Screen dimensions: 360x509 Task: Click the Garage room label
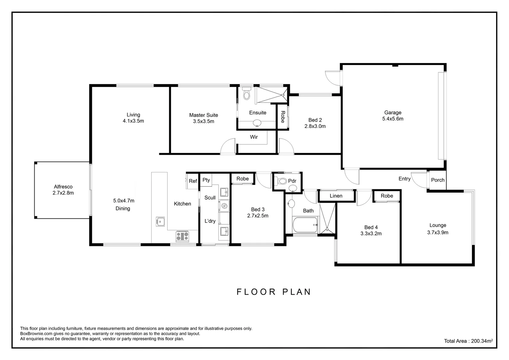coord(393,113)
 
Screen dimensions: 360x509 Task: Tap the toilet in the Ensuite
coord(247,94)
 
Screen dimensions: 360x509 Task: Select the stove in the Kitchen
coord(182,236)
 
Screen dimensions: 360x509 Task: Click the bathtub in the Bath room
coord(305,225)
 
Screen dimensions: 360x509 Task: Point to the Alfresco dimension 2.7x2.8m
coord(63,193)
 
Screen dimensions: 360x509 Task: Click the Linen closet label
coord(336,196)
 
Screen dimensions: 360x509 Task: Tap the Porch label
coord(437,180)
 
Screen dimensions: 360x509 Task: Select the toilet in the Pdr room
coord(282,181)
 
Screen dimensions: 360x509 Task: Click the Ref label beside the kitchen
coord(193,181)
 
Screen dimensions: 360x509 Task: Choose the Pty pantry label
coord(206,180)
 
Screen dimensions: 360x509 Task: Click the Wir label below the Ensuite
coord(254,137)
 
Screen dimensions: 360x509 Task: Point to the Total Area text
coord(468,341)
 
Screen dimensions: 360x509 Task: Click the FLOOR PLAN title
coord(274,292)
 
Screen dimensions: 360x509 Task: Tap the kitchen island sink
coord(160,221)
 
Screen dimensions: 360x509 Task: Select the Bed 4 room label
coord(371,227)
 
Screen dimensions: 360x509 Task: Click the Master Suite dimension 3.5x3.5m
coord(204,121)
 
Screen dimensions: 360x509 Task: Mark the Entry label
coord(404,179)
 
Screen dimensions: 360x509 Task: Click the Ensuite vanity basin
coord(257,123)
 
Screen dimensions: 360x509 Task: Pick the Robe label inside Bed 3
coord(243,179)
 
